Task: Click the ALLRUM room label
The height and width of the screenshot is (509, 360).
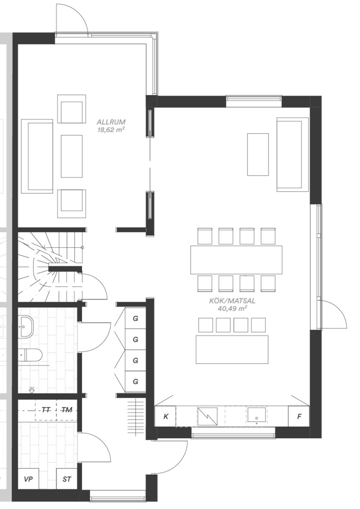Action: click(111, 123)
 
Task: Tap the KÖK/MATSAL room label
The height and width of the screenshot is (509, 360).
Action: click(232, 301)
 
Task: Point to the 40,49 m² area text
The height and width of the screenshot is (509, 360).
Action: click(232, 309)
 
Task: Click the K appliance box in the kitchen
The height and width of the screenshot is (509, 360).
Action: click(165, 416)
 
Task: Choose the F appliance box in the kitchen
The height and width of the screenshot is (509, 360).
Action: click(299, 416)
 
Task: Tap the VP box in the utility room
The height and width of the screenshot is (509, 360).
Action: click(28, 479)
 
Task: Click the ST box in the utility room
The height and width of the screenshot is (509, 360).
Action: click(67, 479)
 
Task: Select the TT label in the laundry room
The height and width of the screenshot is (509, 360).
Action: click(46, 410)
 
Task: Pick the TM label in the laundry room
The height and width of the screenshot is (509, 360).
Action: click(67, 410)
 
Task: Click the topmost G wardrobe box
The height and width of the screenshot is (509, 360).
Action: click(135, 318)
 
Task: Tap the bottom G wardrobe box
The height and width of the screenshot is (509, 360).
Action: click(135, 381)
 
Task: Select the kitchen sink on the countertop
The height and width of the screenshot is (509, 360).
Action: click(257, 416)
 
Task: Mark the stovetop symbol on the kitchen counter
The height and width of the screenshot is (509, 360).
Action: click(207, 416)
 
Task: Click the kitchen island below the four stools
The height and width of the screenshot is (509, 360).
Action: click(232, 349)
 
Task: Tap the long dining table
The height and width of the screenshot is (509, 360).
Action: click(237, 260)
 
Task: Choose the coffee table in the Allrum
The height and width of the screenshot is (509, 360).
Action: click(72, 156)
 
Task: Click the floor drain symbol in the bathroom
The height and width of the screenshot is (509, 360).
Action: click(32, 390)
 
